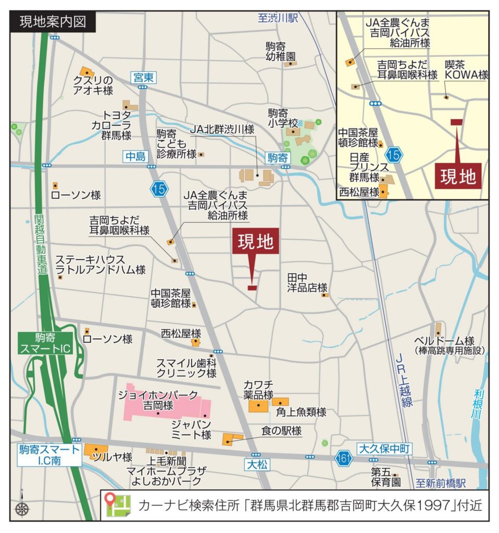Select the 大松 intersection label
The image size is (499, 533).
[257, 464]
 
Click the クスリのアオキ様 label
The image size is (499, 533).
[93, 85]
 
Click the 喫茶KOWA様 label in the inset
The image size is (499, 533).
[466, 70]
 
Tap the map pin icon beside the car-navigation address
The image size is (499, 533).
[117, 505]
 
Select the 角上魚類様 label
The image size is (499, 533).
[301, 412]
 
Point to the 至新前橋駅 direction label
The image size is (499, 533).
[440, 484]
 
